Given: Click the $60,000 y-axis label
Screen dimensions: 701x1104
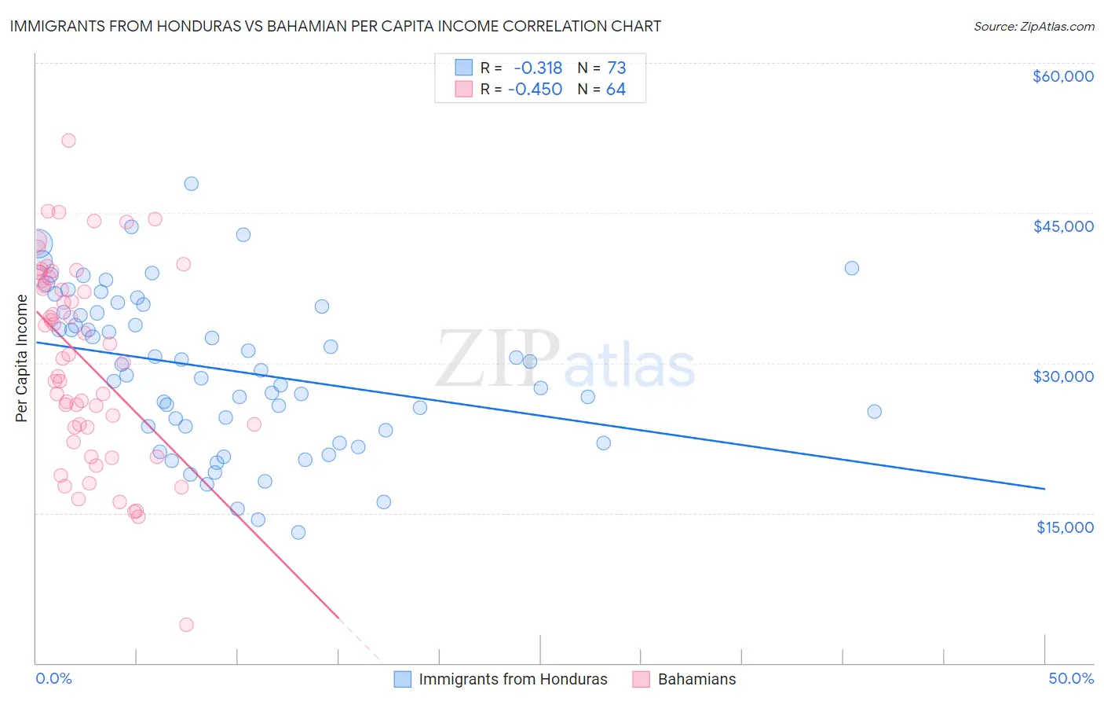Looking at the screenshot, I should coord(1062,76).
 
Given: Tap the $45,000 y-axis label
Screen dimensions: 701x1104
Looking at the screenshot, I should coord(1062,226).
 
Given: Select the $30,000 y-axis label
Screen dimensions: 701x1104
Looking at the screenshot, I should coord(1062,376).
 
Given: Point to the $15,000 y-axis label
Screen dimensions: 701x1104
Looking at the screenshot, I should coord(1064,527).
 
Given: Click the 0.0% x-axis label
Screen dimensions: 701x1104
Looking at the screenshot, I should coord(53,679).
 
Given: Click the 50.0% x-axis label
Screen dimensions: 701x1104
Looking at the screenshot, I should coord(1071,679).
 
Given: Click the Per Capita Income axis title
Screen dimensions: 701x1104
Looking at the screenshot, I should coord(22,358).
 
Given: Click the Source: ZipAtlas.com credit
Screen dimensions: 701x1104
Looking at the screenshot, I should coord(1033,27).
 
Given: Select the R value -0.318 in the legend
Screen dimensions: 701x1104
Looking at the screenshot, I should coord(537,68).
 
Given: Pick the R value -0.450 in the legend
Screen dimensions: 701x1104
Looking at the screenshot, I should coord(535,90).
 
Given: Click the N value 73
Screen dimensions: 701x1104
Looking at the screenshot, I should coord(616,68).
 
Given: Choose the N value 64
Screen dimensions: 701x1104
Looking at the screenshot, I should coord(616,90).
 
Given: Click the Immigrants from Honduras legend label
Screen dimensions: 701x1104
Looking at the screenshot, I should coord(513,680).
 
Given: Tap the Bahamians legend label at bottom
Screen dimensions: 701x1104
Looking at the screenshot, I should coord(696,680).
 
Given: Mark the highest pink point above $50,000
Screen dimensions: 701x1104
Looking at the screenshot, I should coord(68,141).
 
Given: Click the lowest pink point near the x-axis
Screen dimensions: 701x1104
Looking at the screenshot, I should coord(186,625).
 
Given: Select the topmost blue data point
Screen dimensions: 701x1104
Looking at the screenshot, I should coord(191,184).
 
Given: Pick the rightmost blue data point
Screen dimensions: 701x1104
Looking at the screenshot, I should coord(874,412).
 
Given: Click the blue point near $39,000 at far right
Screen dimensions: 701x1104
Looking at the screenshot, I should coord(851,268).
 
